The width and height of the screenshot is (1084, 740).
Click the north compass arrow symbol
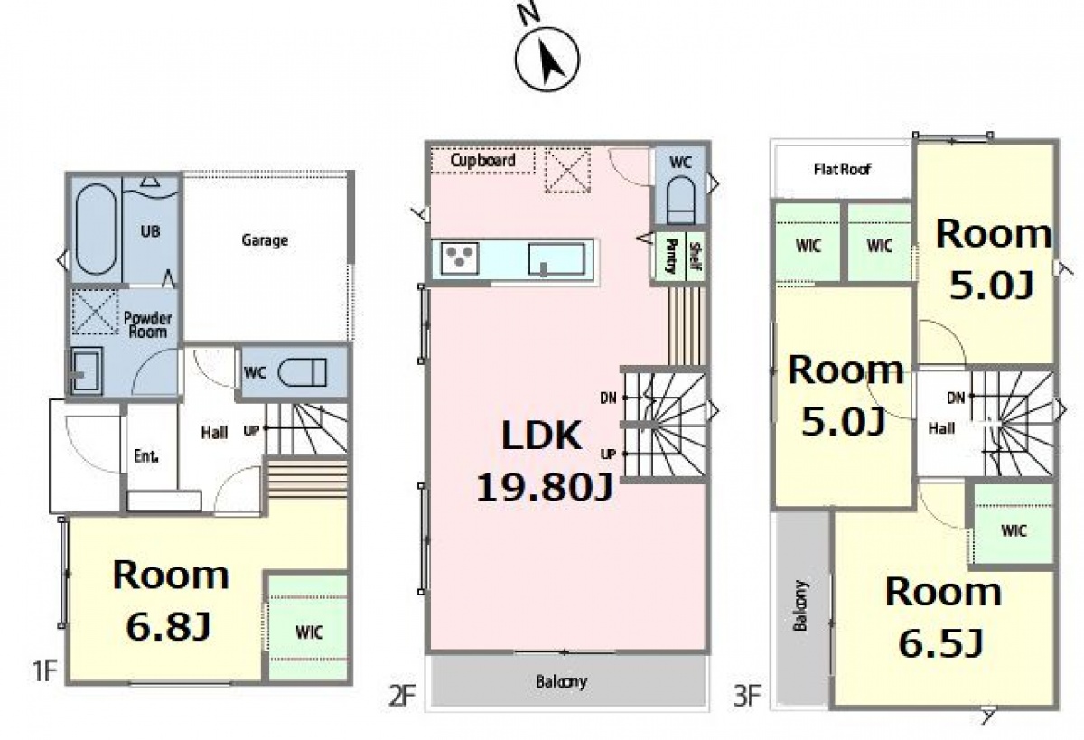[547, 59]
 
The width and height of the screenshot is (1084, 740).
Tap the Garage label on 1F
[265, 240]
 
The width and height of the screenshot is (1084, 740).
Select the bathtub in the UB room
[97, 229]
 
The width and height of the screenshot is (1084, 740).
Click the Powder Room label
[147, 324]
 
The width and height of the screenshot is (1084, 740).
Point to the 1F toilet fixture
[303, 372]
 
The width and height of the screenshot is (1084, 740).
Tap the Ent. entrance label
[146, 455]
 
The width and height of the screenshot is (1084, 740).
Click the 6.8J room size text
[168, 626]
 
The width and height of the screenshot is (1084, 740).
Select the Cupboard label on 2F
[482, 160]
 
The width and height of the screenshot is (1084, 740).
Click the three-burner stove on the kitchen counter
[460, 258]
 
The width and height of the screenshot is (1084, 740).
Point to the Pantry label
[672, 256]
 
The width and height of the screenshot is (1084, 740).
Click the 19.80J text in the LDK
[545, 487]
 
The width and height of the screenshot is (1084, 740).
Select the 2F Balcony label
[561, 682]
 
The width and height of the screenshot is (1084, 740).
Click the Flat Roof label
[842, 169]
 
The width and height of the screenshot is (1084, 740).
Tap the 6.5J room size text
[941, 642]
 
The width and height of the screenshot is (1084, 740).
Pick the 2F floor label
[402, 696]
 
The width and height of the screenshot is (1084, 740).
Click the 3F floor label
[747, 696]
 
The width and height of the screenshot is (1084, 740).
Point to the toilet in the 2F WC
[681, 200]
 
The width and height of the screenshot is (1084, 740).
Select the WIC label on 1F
[309, 632]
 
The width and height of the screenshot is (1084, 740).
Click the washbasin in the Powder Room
[87, 370]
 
